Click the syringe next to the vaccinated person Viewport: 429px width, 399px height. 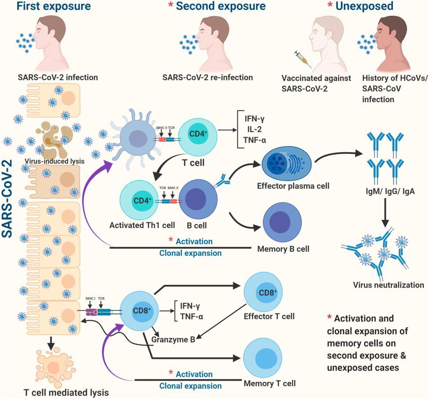[303, 59]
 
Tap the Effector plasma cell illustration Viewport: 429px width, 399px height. [286, 164]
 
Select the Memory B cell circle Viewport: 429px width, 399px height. [282, 221]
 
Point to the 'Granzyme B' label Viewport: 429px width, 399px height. [173, 340]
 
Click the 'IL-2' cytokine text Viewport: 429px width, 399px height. [254, 129]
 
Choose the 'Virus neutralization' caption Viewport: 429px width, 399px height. [389, 285]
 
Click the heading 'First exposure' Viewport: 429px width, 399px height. [54, 6]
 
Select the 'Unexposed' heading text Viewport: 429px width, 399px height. [365, 6]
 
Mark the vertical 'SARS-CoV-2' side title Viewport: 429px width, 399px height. [7, 199]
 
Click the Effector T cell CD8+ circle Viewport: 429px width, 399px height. [263, 292]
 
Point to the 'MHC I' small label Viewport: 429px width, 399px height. [91, 298]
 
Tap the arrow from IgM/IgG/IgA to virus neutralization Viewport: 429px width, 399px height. [385, 213]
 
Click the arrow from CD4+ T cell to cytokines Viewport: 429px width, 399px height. [227, 130]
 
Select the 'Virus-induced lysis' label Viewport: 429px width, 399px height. [54, 161]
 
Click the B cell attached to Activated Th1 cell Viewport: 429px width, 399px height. [198, 199]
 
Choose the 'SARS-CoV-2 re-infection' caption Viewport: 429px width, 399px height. [207, 78]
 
